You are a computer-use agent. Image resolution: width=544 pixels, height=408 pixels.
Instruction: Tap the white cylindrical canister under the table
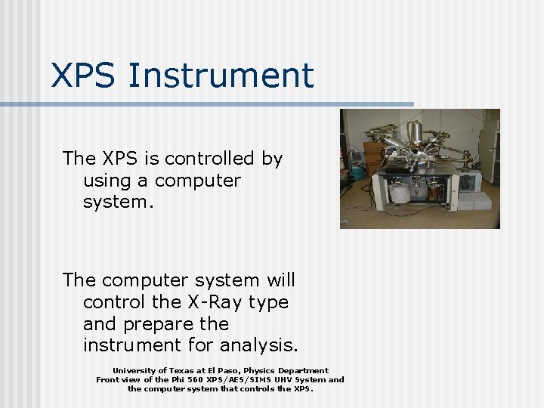click(400, 192)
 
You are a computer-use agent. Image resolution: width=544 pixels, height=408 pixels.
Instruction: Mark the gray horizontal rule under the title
click(212, 104)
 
